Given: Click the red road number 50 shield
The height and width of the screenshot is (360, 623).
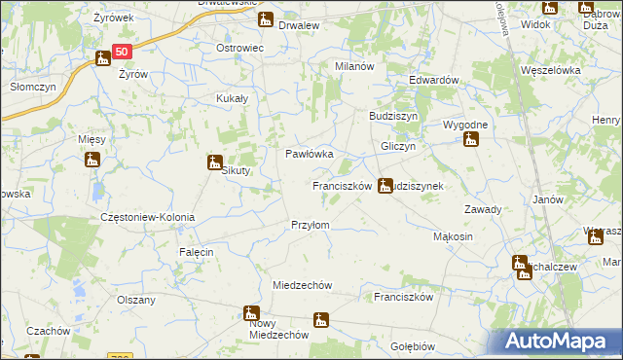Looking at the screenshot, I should (120, 53).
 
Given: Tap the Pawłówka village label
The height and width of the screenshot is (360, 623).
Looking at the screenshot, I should (310, 154).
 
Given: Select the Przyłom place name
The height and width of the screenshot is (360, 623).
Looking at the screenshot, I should (311, 225).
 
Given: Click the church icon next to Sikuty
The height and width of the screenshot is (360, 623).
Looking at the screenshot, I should (215, 162).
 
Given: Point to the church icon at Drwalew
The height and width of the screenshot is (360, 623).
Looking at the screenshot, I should (266, 19).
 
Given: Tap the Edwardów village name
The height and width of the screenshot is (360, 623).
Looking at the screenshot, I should (433, 80).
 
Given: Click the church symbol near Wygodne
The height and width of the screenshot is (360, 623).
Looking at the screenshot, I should (471, 139).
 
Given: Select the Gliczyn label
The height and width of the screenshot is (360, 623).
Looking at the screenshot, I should (398, 146).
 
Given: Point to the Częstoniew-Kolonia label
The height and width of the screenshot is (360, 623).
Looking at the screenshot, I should (148, 217).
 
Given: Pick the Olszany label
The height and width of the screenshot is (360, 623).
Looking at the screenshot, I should (136, 300).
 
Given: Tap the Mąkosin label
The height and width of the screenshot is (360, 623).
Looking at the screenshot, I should (453, 236).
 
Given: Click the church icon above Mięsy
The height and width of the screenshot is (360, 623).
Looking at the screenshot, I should (92, 159).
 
